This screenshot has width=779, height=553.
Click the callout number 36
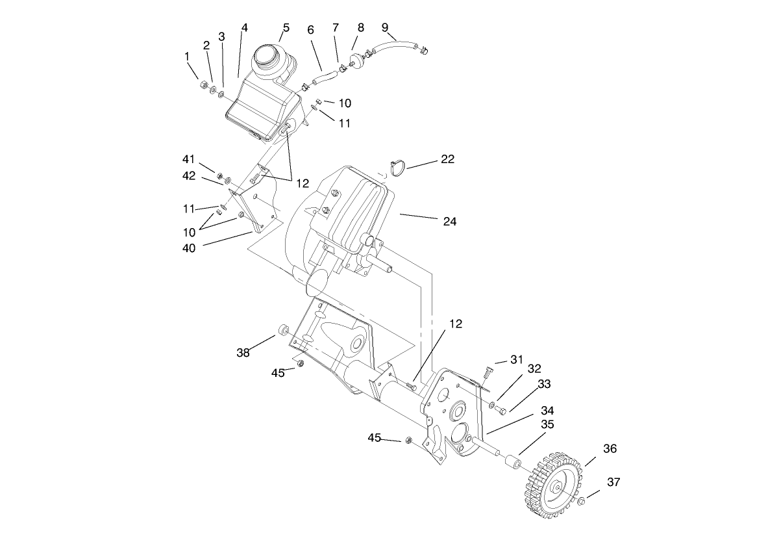tap(610, 449)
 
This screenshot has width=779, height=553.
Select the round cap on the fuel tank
tap(268, 56)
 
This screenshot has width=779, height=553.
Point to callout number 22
tap(447, 159)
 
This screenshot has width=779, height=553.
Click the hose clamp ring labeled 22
tap(397, 166)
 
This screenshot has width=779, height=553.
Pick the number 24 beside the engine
tap(449, 222)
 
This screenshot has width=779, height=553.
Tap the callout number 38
tap(243, 353)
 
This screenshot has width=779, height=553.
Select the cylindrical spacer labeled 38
tap(283, 331)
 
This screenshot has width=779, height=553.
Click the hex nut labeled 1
tap(202, 84)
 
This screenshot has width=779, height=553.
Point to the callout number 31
tap(516, 359)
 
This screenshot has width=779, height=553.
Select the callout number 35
tap(547, 424)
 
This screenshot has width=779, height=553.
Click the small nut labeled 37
tap(582, 500)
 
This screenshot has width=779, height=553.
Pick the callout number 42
tap(190, 175)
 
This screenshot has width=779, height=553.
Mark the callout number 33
tap(543, 384)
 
